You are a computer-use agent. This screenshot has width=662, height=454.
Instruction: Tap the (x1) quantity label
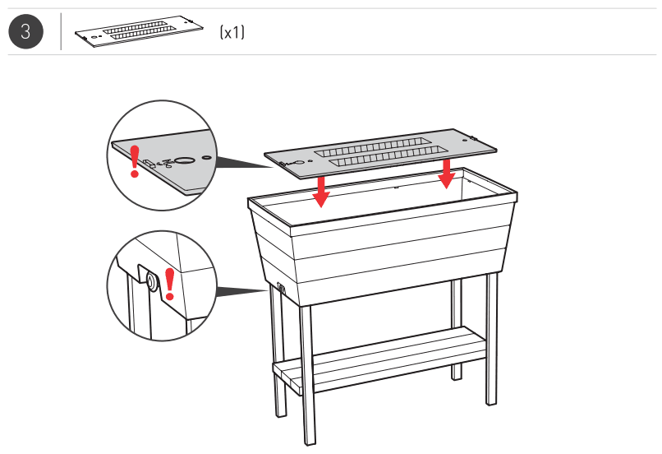[232, 33]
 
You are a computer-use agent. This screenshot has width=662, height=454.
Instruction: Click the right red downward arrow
[446, 172]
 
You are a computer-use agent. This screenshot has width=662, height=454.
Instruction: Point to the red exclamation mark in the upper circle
[135, 160]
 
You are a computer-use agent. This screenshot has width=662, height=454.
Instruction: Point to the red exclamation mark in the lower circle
[170, 283]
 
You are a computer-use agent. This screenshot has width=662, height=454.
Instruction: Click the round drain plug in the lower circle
[152, 283]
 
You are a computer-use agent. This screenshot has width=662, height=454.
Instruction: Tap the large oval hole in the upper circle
[185, 160]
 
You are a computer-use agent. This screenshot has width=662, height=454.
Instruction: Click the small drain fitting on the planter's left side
[280, 288]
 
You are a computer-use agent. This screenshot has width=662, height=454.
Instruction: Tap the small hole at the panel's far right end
[470, 139]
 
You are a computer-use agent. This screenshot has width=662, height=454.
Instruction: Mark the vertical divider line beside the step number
[61, 32]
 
